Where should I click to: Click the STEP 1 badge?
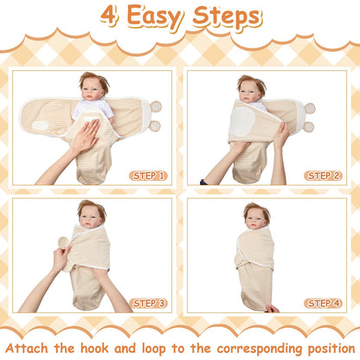pyautogui.click(x=148, y=176)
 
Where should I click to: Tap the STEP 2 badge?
pyautogui.click(x=323, y=176)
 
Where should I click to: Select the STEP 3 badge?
pyautogui.click(x=148, y=303)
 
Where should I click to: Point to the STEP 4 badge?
pyautogui.click(x=323, y=303)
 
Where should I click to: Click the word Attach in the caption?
pyautogui.click(x=27, y=348)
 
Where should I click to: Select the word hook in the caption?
pyautogui.click(x=94, y=348)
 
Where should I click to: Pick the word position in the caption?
pyautogui.click(x=331, y=349)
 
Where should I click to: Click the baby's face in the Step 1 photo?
pyautogui.click(x=92, y=89)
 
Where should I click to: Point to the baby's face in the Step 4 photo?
pyautogui.click(x=255, y=218)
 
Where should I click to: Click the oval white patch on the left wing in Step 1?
pyautogui.click(x=40, y=125)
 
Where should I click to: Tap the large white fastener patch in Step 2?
pyautogui.click(x=241, y=121)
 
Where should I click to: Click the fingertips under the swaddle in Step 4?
pyautogui.click(x=272, y=309)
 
